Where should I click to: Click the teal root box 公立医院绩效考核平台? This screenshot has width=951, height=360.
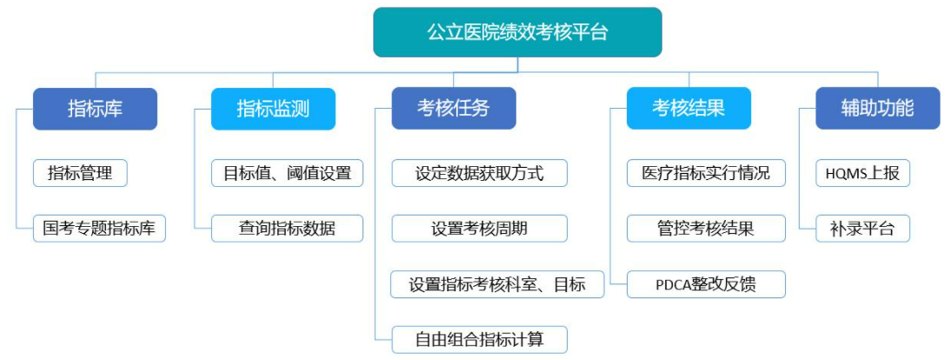[x=517, y=32]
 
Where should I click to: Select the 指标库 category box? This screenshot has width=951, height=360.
[x=96, y=109]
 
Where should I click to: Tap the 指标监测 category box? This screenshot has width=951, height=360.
[x=273, y=109]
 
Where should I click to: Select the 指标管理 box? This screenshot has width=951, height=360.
[x=80, y=173]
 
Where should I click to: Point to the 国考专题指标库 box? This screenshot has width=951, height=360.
[x=99, y=229]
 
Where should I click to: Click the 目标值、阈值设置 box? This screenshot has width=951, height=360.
[x=287, y=173]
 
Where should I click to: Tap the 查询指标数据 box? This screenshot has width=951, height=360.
[x=287, y=229]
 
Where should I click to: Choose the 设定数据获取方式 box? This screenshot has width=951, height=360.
[x=479, y=173]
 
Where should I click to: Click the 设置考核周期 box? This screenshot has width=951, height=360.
[x=479, y=229]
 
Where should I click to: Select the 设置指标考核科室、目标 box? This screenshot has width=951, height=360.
[x=497, y=284]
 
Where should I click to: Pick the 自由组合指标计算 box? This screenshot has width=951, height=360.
[x=479, y=339]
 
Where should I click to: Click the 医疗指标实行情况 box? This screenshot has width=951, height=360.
[x=706, y=173]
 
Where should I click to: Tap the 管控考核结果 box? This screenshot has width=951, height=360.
[x=706, y=229]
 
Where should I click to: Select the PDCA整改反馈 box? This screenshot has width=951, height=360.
[x=706, y=284]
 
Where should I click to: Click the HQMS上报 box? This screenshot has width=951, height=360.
[x=862, y=173]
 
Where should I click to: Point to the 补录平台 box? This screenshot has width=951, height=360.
[x=862, y=229]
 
